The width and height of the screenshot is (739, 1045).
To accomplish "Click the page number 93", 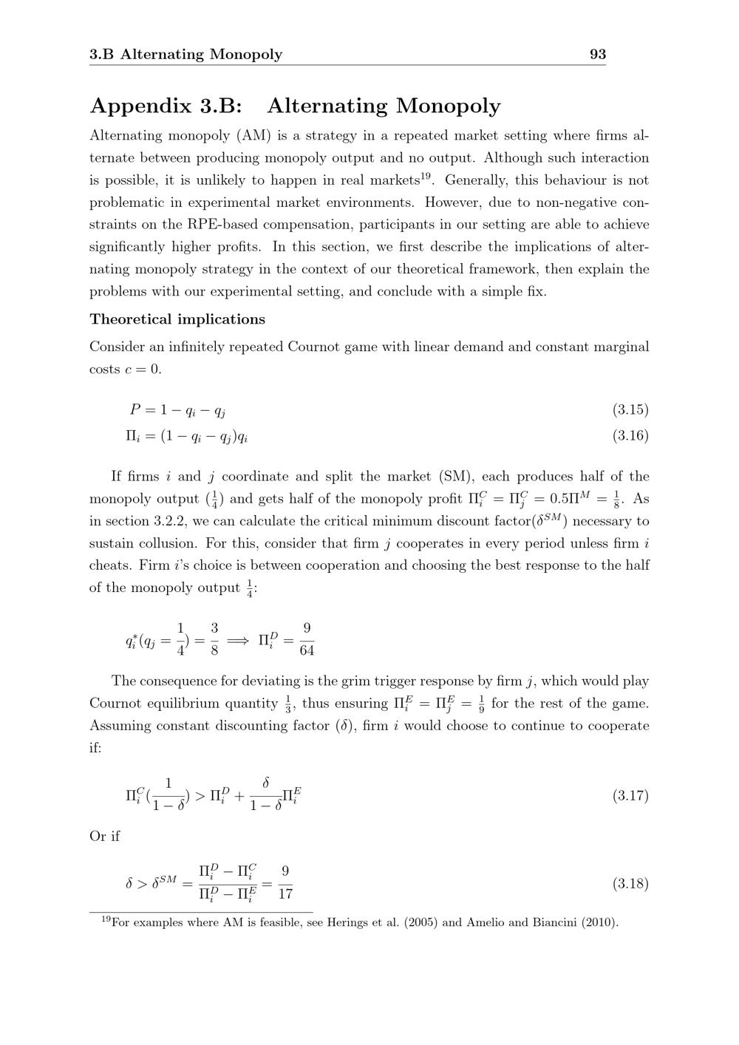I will (x=597, y=54).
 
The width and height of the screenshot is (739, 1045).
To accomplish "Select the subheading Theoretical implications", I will (x=177, y=319).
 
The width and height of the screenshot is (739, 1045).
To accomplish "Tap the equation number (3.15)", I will (x=630, y=409).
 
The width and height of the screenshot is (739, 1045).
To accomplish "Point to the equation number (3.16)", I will (x=630, y=435).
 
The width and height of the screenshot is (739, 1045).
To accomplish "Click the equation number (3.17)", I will (x=630, y=795).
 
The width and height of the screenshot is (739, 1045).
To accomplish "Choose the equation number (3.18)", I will (x=630, y=883).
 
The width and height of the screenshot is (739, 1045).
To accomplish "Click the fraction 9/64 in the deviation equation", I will (x=307, y=640).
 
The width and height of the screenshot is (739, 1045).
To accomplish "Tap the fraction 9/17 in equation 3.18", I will (x=285, y=883).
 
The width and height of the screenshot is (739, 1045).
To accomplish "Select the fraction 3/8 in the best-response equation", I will (x=214, y=640).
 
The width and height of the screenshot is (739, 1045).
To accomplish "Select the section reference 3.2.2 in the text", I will (x=153, y=521).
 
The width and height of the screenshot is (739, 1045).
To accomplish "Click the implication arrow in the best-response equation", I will (x=238, y=641).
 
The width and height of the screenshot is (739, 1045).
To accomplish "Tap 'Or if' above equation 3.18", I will (x=105, y=837).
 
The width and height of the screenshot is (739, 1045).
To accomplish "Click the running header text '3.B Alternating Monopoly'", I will (x=185, y=54).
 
